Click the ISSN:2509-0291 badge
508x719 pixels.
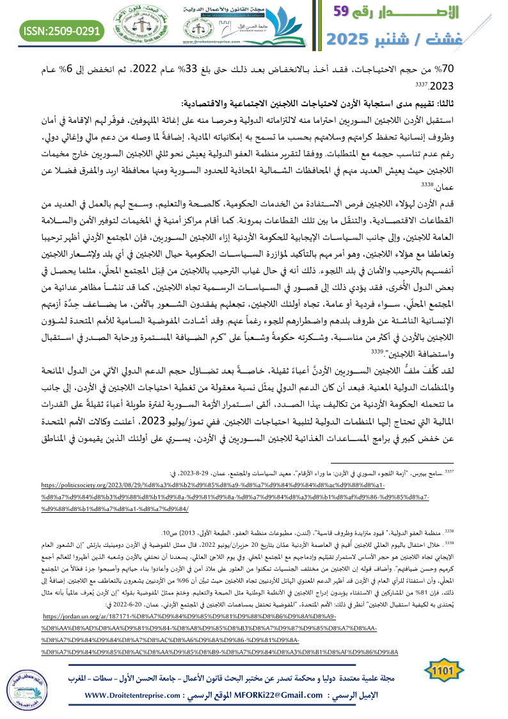click(62, 30)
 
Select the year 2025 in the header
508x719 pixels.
click(355, 38)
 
